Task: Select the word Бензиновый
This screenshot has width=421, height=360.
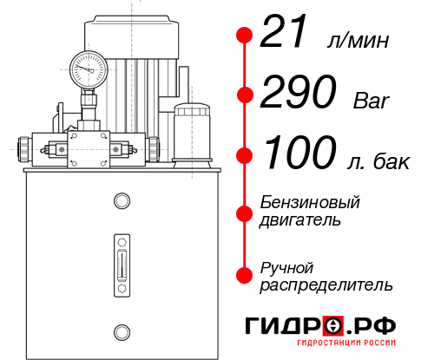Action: click(x=310, y=202)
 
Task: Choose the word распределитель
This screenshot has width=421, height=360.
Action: click(x=326, y=285)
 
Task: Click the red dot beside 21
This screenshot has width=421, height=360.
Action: click(x=244, y=36)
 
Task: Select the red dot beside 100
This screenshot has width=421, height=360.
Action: click(x=244, y=155)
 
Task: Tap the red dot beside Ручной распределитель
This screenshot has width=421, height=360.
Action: click(x=244, y=275)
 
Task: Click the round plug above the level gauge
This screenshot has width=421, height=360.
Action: click(x=122, y=201)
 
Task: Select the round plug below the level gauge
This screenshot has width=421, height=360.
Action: click(x=122, y=330)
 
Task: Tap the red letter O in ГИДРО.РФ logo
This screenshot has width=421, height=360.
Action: click(x=333, y=326)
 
